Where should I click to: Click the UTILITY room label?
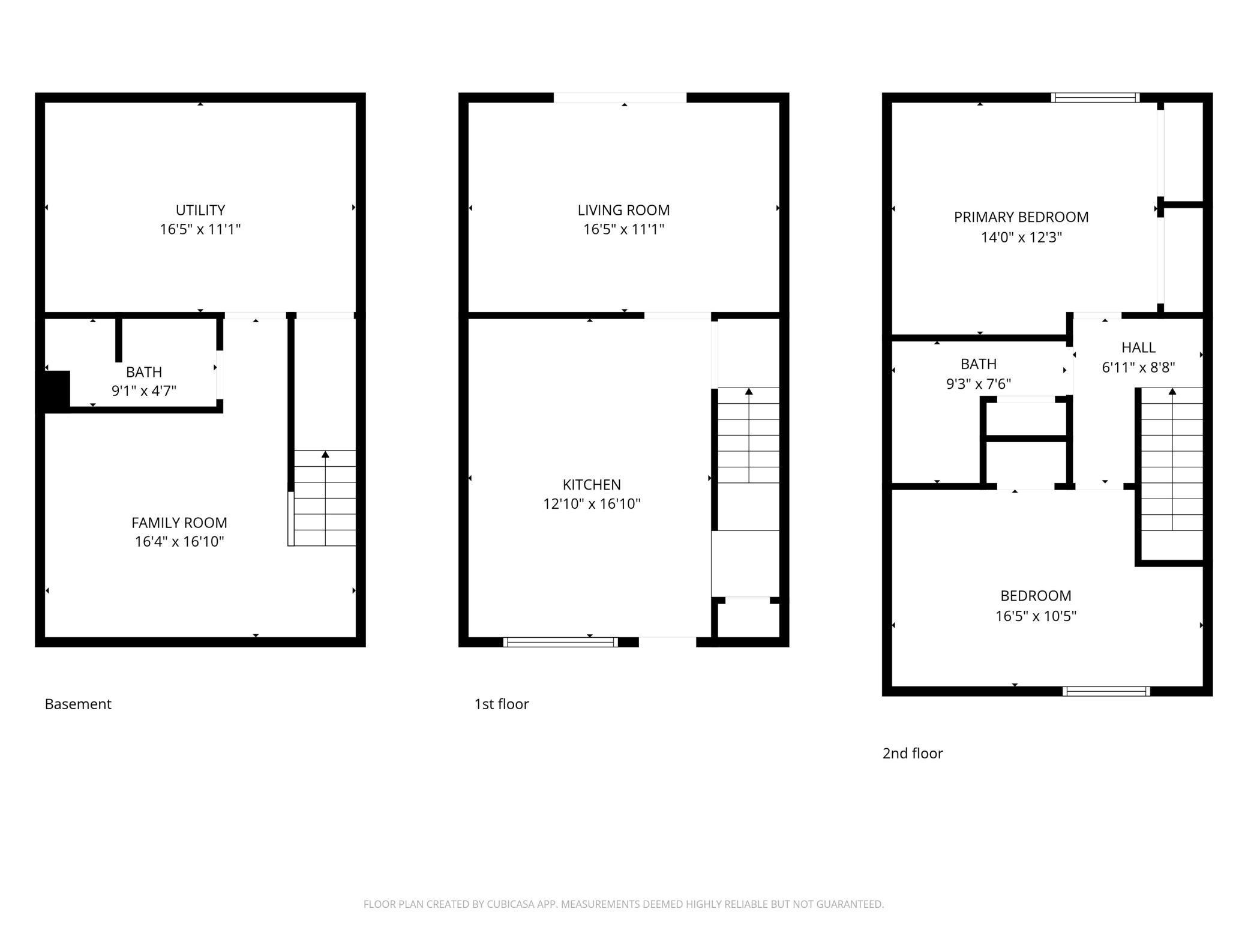200,210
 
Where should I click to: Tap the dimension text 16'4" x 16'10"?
179,541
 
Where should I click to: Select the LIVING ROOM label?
623,210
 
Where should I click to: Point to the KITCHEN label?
592,484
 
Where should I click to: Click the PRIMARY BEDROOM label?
1021,217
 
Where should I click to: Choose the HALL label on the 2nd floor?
1138,347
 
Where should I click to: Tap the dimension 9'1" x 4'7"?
144,391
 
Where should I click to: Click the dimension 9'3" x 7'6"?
979,383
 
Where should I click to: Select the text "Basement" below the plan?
78,704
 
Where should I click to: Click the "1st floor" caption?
502,704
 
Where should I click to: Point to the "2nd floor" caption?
913,753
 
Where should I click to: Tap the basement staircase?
325,498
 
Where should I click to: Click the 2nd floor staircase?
1172,460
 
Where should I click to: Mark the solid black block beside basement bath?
58,391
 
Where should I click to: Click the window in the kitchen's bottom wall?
560,642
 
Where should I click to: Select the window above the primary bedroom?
1095,98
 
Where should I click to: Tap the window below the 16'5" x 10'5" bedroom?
1106,691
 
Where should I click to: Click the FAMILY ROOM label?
179,523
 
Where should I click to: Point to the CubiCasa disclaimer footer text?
624,904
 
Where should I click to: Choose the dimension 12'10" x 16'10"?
592,503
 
